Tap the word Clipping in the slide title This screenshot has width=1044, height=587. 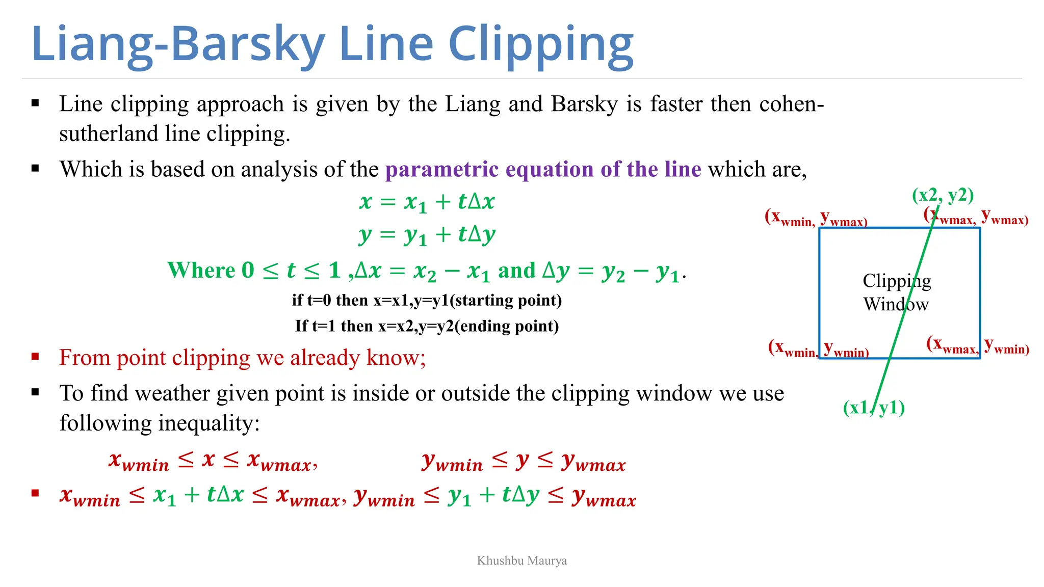[541, 45]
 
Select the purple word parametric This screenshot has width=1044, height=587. [441, 169]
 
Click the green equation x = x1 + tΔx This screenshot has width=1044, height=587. [427, 202]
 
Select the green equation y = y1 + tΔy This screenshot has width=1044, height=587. [427, 235]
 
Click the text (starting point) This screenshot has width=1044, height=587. [508, 300]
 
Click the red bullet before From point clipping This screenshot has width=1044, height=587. [35, 357]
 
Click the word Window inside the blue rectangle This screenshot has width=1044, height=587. [896, 304]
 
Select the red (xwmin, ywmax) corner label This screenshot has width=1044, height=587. [816, 218]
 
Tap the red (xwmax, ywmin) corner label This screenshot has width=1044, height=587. [977, 345]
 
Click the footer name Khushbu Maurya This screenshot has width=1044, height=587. [521, 561]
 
